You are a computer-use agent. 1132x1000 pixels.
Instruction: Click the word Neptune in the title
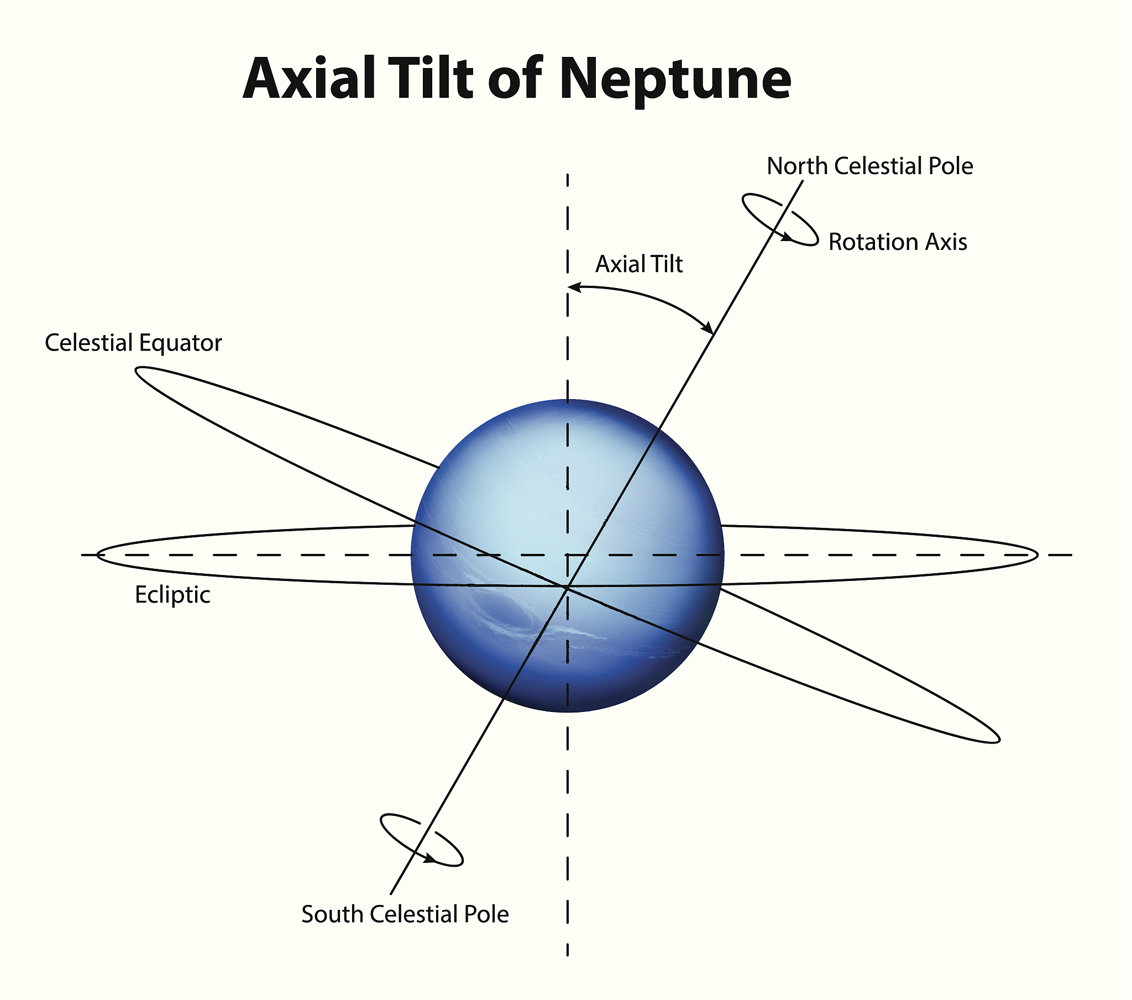(675, 80)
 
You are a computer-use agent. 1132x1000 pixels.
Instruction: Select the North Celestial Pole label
(869, 166)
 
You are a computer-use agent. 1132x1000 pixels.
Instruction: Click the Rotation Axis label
(898, 242)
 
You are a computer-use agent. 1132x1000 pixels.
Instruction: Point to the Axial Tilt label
(639, 264)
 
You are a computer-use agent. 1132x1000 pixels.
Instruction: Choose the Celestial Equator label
(133, 343)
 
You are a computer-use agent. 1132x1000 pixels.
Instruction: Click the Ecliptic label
(173, 595)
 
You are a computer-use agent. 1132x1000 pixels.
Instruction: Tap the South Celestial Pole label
(405, 914)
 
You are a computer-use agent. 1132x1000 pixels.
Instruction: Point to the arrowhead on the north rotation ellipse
(787, 238)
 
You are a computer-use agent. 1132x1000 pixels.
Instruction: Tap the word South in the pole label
(332, 914)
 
